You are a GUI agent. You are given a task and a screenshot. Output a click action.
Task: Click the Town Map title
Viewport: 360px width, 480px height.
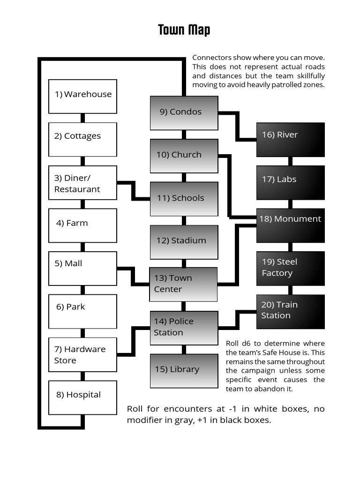[x=184, y=30]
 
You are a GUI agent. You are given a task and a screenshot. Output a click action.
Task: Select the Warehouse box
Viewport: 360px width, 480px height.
[x=82, y=96]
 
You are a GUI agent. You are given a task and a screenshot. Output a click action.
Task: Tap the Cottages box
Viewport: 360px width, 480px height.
[x=82, y=139]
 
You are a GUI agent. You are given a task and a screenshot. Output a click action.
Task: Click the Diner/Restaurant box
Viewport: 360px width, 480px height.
[x=82, y=183]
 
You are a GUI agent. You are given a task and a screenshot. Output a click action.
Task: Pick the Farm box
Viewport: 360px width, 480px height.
[x=82, y=225]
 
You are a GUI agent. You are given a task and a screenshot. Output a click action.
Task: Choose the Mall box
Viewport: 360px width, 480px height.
[x=82, y=269]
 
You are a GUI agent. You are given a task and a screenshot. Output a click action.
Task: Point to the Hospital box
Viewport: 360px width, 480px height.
[x=82, y=397]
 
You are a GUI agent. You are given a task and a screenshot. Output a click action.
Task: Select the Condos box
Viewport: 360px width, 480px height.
[x=184, y=113]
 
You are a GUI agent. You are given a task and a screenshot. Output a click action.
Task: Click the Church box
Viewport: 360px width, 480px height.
[x=184, y=156]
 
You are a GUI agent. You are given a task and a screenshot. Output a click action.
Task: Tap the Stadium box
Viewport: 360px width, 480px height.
[x=184, y=242]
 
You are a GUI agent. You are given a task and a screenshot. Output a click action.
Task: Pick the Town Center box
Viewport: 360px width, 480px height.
[x=183, y=284]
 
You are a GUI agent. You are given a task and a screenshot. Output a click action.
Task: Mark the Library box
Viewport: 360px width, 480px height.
[x=184, y=371]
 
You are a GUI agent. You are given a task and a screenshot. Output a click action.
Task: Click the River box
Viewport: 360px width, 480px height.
[x=290, y=139]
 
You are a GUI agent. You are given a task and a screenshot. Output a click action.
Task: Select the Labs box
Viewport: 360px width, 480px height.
[x=290, y=182]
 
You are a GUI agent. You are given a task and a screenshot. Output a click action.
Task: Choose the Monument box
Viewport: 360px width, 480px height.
[x=290, y=225]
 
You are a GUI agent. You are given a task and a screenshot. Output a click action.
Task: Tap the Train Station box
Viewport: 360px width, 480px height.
[x=290, y=311]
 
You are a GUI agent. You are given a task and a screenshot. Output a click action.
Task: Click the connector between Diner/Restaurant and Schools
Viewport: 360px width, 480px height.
[x=134, y=191]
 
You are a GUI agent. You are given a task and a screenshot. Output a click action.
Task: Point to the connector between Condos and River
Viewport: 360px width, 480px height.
[x=237, y=126]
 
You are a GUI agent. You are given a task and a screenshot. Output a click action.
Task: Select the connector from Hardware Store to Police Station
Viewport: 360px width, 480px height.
[x=134, y=341]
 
